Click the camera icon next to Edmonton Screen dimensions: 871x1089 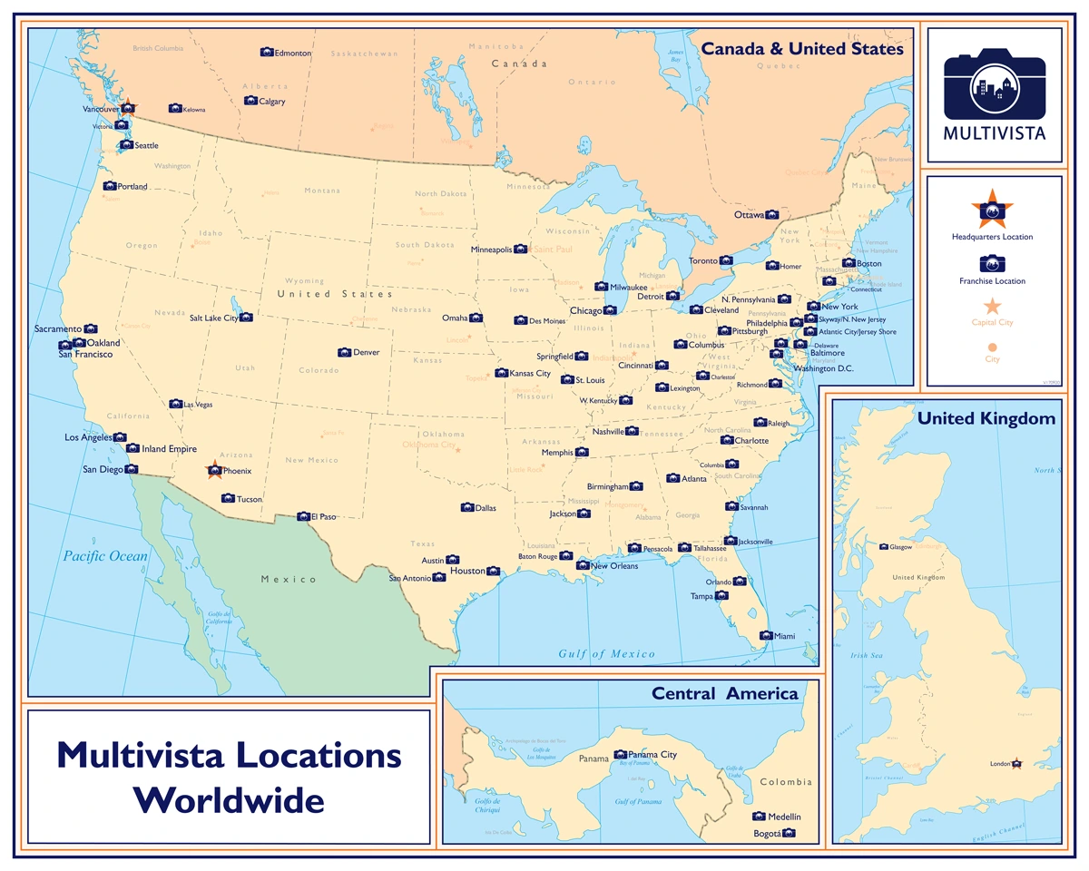pos(266,53)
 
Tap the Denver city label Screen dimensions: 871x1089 pos(368,352)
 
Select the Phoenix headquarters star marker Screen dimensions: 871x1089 pos(214,470)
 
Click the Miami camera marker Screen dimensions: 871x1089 pos(765,636)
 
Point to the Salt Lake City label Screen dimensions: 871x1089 pos(213,318)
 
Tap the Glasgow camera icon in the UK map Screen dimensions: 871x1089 pos(884,547)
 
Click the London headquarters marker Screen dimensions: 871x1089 pos(1017,764)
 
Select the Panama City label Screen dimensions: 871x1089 pos(652,755)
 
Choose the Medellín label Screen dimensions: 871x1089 pos(784,817)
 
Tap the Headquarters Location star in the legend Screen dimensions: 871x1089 pos(992,210)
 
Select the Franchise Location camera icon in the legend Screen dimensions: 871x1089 pos(992,263)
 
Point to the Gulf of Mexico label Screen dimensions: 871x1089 pos(606,654)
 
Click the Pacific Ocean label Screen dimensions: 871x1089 pos(105,556)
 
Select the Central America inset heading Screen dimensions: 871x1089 pos(724,694)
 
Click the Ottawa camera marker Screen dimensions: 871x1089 pos(771,215)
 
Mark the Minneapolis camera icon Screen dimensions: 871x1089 pos(520,249)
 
